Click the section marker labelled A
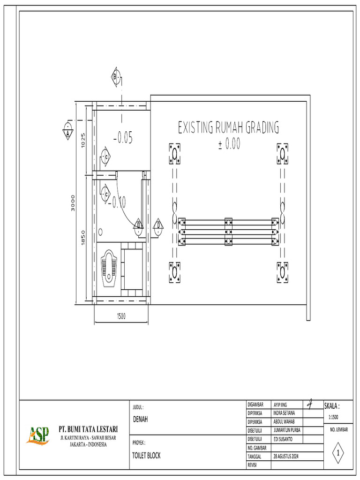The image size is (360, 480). point(67,130)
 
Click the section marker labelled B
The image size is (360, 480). point(116,77)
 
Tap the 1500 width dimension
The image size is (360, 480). point(121,316)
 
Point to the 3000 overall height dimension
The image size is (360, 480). point(73,202)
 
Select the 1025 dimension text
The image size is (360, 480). point(83,140)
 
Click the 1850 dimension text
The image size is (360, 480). point(83,238)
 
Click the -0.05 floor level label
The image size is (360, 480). point(123,138)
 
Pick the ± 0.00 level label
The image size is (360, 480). point(229,143)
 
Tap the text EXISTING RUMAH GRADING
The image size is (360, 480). point(228,127)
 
